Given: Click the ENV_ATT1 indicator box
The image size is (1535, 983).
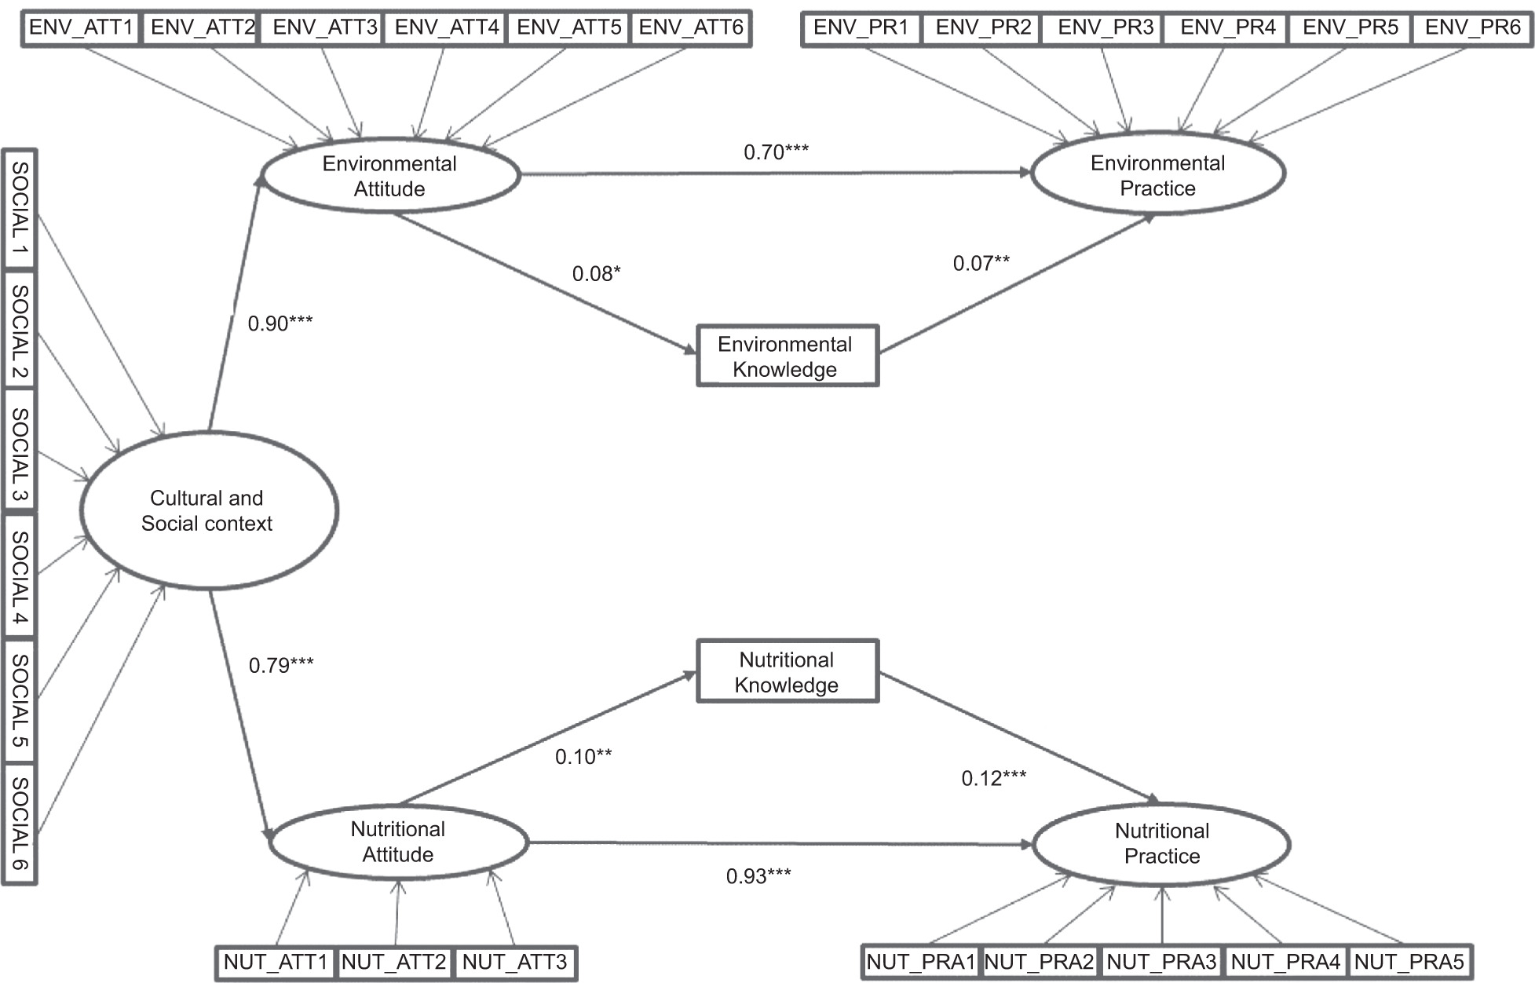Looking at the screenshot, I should point(81,28).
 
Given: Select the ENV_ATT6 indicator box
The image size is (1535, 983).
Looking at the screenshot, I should point(690,28).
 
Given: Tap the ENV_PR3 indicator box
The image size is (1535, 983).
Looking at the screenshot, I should point(1106,28).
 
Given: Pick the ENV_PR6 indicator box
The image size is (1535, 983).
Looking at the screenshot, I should point(1472,28).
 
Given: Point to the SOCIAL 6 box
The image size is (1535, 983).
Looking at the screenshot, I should point(20,824).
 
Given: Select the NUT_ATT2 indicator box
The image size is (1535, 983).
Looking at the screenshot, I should point(394,962).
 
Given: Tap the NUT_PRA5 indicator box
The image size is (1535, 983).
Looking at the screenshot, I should point(1409,962).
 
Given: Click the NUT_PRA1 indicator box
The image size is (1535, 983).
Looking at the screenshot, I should point(921,962).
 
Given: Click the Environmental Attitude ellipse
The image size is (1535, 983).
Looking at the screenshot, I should point(390,176).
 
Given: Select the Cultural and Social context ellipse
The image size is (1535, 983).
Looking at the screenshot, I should point(208,510).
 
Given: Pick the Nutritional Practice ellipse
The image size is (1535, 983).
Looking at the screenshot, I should point(1162,843).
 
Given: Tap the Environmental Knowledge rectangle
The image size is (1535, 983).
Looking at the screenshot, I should point(787,356).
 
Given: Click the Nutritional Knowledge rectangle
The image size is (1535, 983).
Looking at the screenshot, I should point(787,672).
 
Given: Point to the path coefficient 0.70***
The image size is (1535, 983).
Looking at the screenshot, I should point(776,152).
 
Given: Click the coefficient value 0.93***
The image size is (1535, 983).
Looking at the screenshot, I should point(758,875).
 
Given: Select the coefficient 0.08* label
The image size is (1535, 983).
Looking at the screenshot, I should point(596,273).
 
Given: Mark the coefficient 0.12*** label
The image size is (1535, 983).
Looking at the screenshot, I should point(993,778).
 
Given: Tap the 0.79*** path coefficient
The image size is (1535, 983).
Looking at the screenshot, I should point(281,665).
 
